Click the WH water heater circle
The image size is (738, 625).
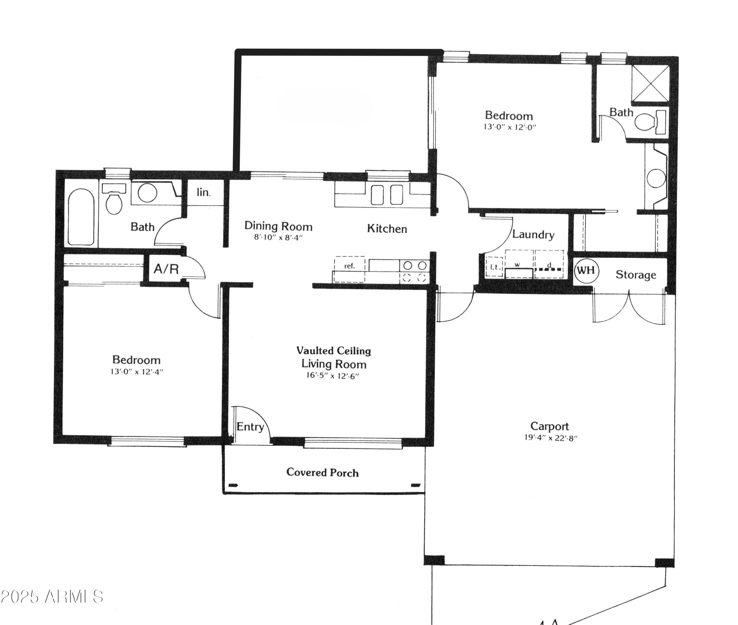pyautogui.click(x=586, y=271)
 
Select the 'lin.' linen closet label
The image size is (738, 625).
pyautogui.click(x=203, y=192)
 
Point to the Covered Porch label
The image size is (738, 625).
pyautogui.click(x=322, y=472)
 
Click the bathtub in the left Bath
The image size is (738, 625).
pyautogui.click(x=81, y=217)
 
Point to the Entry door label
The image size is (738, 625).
pyautogui.click(x=250, y=427)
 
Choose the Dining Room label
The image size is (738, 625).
pyautogui.click(x=278, y=226)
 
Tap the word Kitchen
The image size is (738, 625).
pyautogui.click(x=387, y=229)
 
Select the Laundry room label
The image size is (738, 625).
pyautogui.click(x=533, y=234)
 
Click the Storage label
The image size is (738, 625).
pyautogui.click(x=636, y=275)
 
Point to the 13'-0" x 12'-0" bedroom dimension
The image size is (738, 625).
pyautogui.click(x=510, y=127)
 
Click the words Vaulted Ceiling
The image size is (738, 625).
pyautogui.click(x=333, y=351)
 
